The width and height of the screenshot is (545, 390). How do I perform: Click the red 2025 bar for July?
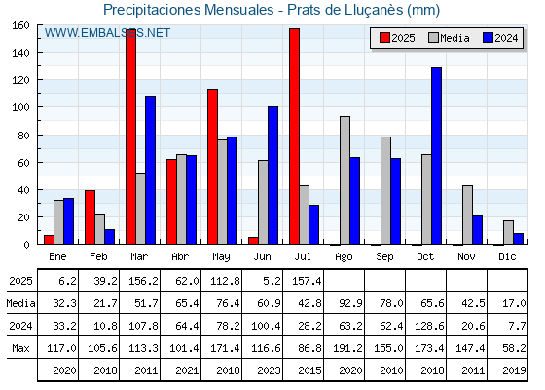[x=294, y=136]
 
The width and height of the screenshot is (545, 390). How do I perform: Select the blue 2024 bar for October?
[x=436, y=156]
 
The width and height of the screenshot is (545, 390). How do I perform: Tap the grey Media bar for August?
[x=345, y=180]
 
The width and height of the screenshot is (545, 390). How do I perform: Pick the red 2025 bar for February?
[x=90, y=216]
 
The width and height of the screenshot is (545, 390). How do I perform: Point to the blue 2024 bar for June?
[x=272, y=175]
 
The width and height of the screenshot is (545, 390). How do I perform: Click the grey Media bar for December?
[x=508, y=232]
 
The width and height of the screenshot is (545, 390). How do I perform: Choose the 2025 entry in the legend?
[x=397, y=38]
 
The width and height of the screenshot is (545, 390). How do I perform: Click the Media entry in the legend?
[x=449, y=38]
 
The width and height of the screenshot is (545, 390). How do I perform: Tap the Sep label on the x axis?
[x=384, y=257]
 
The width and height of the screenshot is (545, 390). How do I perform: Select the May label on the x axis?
[x=221, y=257]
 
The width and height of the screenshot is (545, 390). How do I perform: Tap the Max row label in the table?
[x=20, y=348]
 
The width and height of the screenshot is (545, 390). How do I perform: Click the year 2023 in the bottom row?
[x=269, y=370]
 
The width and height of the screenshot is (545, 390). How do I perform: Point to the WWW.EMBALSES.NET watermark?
[x=107, y=33]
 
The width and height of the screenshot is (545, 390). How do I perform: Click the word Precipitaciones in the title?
[x=152, y=10]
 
